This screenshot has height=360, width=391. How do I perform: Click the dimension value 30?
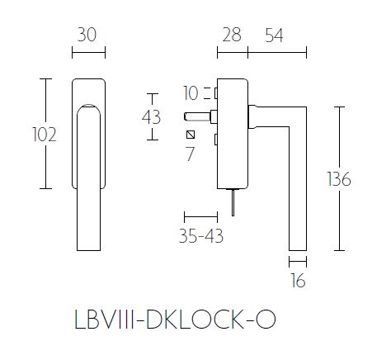(88, 35)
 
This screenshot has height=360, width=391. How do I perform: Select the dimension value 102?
(45, 135)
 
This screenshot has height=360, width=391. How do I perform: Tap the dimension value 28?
(231, 35)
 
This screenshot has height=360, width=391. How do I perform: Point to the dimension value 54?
(277, 35)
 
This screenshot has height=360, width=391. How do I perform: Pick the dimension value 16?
(298, 281)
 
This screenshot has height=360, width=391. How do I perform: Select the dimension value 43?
(151, 116)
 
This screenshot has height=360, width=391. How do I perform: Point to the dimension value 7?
(191, 153)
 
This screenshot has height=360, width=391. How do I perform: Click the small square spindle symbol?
(191, 135)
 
